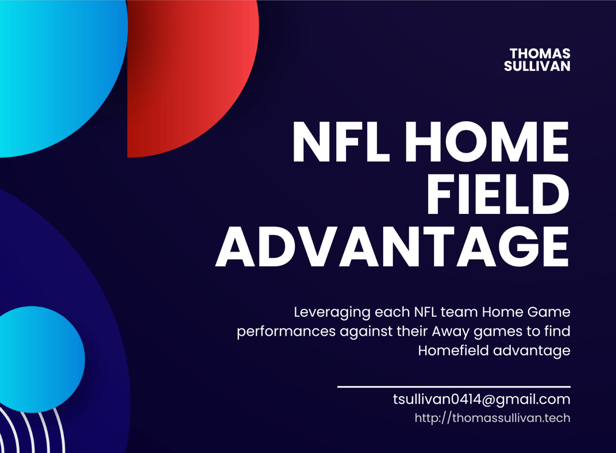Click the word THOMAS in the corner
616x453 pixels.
(540, 53)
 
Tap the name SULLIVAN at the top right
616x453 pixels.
(537, 66)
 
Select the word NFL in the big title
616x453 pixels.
(341, 141)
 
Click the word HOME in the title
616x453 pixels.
(487, 141)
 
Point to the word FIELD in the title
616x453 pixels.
(498, 194)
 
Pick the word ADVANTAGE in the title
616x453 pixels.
(392, 247)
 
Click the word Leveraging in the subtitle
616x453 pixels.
(332, 313)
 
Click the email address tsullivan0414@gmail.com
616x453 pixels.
(482, 400)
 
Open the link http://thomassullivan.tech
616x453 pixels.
(492, 417)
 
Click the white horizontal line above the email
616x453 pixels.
(454, 387)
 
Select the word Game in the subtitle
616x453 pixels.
(548, 312)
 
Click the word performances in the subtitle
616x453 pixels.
(286, 332)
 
